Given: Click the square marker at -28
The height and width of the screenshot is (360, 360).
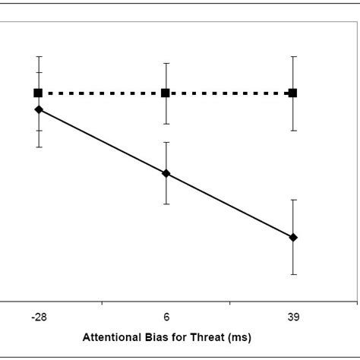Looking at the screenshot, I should coord(38,93).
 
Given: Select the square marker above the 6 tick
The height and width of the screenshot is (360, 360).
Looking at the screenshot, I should coord(166,93).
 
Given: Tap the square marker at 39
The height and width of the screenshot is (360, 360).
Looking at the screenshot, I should coord(293,93).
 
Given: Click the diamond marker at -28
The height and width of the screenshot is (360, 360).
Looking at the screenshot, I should coord(38,109).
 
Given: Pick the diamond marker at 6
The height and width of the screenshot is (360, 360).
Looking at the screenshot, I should coord(166,173).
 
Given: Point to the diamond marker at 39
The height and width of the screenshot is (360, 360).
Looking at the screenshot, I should coord(293,238).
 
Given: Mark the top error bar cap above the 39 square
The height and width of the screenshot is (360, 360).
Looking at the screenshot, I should coord(293,56).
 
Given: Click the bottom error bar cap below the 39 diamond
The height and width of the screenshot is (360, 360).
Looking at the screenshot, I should coord(293,274).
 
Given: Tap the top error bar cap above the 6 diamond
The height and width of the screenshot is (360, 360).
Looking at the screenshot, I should coord(166,142).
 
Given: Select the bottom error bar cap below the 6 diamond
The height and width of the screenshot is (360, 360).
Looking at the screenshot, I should coord(166,204).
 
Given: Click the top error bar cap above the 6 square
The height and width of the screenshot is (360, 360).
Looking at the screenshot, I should coord(166,63).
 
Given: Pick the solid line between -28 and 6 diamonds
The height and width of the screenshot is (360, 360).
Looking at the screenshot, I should coord(102,141).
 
